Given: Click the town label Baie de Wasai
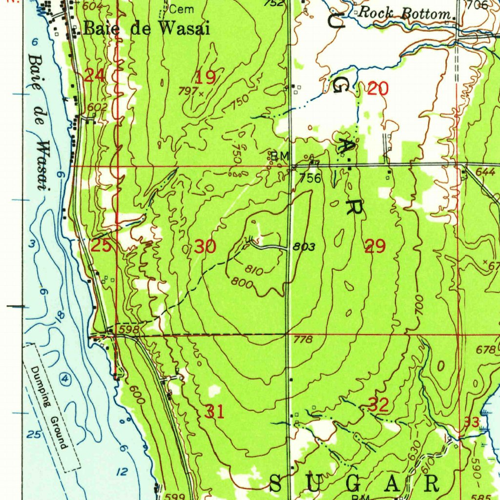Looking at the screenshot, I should coord(146,29).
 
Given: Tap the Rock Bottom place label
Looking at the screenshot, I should coord(404,14).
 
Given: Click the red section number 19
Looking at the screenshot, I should coord(206,77).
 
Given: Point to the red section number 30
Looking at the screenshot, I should coord(205,247).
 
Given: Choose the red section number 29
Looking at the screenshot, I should coord(375,247).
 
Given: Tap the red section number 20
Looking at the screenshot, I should coord(378,89).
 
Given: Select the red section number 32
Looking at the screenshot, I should coord(378,405).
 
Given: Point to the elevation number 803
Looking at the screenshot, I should coord(303,247).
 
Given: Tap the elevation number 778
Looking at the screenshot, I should coord(303,339).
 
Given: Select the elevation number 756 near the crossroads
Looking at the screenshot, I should coord(311,178).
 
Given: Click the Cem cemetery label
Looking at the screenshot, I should coord(183,9).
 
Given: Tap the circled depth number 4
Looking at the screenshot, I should coord(65,378).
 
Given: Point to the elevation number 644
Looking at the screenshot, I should coord(485,172).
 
